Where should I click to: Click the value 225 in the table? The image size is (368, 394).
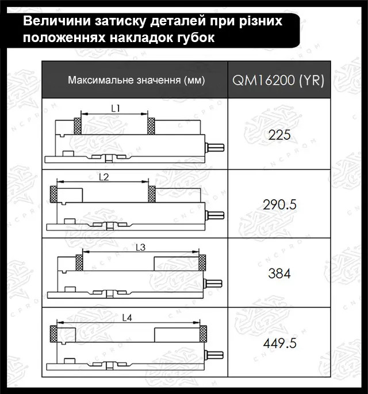coord(280,135)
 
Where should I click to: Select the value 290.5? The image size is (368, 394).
coord(280,204)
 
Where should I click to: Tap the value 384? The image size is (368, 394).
coord(280,274)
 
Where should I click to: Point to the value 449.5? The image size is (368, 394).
coord(280,343)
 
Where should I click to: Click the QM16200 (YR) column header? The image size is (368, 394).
coord(278,79)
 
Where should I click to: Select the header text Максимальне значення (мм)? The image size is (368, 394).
coord(136,79)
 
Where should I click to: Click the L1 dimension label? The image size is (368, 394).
coord(115,108)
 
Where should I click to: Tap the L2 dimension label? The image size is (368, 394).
coord(103,177)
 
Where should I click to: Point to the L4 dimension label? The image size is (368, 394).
coord(127,317)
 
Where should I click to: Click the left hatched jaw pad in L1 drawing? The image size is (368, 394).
coord(78,126)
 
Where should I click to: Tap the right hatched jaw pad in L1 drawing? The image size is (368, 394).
coord(152,126)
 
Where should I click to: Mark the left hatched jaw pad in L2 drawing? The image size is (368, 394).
coord(53,195)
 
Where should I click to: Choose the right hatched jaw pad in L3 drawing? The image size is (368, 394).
coord(202,263)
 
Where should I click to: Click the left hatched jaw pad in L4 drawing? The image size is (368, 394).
coord(53,333)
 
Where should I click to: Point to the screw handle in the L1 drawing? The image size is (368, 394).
coord(216,146)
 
